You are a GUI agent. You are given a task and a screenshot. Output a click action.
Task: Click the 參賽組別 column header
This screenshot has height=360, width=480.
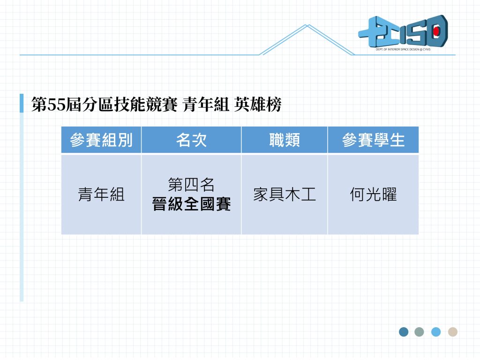pyautogui.click(x=101, y=140)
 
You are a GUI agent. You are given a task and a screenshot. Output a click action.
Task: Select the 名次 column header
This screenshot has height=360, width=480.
pyautogui.click(x=191, y=140)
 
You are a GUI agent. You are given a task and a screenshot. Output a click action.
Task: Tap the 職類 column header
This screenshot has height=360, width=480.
pyautogui.click(x=285, y=140)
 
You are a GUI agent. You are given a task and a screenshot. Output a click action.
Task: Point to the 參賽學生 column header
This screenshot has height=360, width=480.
pyautogui.click(x=373, y=140)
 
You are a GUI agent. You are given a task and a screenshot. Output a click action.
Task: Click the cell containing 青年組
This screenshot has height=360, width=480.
pyautogui.click(x=101, y=195)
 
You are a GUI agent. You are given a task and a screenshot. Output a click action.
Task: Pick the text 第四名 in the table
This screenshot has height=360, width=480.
pyautogui.click(x=191, y=185)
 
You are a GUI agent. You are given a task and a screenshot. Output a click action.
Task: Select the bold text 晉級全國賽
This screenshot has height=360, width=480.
pyautogui.click(x=191, y=204)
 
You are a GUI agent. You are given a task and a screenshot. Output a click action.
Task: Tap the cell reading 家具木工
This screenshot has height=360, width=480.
pyautogui.click(x=285, y=195)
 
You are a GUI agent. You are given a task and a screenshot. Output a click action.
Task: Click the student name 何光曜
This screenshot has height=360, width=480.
pyautogui.click(x=373, y=195)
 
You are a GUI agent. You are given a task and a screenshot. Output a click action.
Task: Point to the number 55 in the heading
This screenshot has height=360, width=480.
pyautogui.click(x=57, y=105)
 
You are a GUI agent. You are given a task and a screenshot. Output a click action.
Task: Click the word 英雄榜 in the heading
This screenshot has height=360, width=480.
pyautogui.click(x=258, y=105)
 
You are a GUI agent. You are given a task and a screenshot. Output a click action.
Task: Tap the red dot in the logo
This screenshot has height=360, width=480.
pyautogui.click(x=436, y=31)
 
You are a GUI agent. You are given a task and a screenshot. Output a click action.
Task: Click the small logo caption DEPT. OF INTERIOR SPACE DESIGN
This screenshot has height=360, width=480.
pyautogui.click(x=403, y=49)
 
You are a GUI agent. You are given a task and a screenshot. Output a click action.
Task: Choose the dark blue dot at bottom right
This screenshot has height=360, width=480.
pyautogui.click(x=404, y=332)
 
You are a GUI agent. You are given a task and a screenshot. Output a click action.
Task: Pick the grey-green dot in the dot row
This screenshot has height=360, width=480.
pyautogui.click(x=419, y=332)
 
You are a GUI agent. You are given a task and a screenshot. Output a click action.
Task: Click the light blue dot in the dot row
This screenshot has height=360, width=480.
pyautogui.click(x=436, y=332)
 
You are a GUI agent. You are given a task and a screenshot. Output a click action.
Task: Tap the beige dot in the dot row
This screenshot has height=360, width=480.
pyautogui.click(x=453, y=332)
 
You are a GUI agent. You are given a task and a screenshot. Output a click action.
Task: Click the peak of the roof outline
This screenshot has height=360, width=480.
pyautogui.click(x=307, y=25)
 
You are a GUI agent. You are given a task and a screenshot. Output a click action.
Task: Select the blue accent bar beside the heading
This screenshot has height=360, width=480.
pyautogui.click(x=22, y=103)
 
